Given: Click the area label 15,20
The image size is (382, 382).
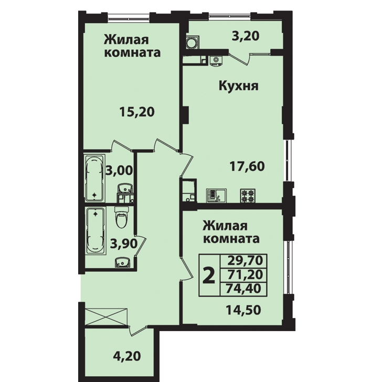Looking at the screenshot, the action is tap(137, 112).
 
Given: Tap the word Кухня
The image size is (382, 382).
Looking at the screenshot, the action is tap(239, 86).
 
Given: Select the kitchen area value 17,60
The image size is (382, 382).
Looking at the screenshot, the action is tap(247, 166).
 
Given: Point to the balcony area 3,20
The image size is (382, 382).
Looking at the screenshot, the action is tap(246, 36).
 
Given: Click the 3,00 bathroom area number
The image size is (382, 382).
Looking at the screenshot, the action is tap(120, 170).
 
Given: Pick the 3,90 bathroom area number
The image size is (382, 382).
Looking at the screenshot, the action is tap(124, 243).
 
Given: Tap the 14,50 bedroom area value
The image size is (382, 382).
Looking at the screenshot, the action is tap(243, 310).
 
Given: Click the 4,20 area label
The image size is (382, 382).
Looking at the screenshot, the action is tap(127, 356).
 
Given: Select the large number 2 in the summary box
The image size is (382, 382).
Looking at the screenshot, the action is tap(209, 275).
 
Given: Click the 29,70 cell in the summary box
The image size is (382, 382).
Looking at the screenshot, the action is tap(245, 260).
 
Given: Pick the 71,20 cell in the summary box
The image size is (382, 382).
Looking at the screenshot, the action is tap(245, 274).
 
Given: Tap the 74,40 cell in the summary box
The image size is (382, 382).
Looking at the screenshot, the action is tap(243, 289).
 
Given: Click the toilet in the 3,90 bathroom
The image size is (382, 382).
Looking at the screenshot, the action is tap(121, 217).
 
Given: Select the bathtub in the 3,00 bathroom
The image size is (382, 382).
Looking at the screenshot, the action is tap(95, 178).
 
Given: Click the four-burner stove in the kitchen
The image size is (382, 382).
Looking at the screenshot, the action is tap(248, 196).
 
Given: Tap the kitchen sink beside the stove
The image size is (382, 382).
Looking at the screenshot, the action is tap(216, 196).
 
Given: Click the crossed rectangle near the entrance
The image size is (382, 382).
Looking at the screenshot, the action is tap(106, 316).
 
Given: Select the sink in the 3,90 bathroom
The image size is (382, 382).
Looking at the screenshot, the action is tap(123, 262).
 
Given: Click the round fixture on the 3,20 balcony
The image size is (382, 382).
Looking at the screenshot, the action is tap(193, 43).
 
